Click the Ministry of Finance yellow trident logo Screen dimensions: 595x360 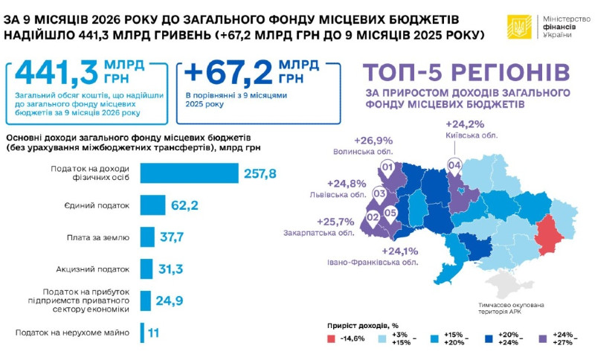point(519,27)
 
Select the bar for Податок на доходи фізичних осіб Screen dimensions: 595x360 point(190,173)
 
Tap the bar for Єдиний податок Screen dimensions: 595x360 point(152,205)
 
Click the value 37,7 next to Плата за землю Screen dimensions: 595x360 point(172,237)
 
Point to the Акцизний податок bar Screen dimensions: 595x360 point(146,269)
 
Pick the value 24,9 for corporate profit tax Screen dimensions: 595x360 point(170,300)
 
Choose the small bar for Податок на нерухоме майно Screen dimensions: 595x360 point(142,332)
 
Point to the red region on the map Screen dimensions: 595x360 point(549,234)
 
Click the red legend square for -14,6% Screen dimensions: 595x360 point(331,338)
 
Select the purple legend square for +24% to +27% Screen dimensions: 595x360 point(543,338)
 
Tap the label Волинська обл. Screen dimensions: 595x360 point(363,152)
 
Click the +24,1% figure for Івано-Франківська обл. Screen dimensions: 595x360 point(400,251)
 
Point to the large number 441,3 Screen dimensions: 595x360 point(57,72)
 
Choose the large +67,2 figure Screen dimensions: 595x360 point(228,72)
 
